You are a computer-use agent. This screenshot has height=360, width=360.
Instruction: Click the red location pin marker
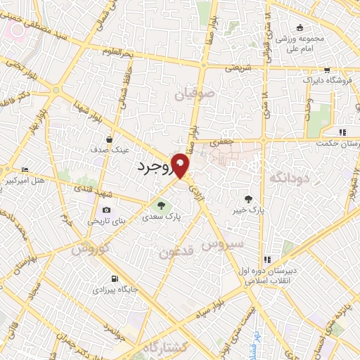(x=181, y=165)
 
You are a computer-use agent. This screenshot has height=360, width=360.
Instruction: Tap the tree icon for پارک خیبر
(x=248, y=199)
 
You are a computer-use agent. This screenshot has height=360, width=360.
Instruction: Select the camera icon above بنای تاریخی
(x=106, y=210)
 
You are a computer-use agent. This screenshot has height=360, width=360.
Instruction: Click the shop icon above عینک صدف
(x=109, y=139)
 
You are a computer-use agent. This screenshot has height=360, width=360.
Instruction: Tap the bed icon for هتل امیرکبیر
(x=25, y=169)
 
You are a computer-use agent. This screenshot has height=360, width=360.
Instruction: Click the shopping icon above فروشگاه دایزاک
(x=328, y=70)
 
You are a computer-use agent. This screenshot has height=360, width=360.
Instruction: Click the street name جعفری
(x=223, y=141)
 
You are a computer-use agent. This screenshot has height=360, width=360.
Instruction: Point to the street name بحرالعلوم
(x=118, y=53)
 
